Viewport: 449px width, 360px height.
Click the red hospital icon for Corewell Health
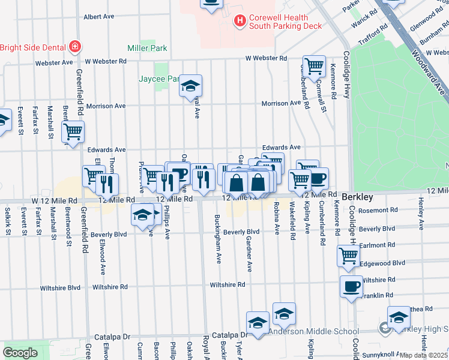[x=240, y=22]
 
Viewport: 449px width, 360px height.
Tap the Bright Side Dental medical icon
[x=74, y=46]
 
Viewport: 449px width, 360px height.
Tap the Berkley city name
[x=358, y=197]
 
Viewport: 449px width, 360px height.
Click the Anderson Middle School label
[x=313, y=331]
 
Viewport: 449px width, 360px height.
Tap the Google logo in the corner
[x=20, y=353]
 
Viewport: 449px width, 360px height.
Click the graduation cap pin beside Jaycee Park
[x=191, y=86]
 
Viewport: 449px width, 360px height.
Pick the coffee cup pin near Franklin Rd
[x=351, y=286]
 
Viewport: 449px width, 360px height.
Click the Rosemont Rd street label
[x=377, y=210]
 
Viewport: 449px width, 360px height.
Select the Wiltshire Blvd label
[x=60, y=288]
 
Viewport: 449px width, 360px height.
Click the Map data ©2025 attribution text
[x=424, y=355]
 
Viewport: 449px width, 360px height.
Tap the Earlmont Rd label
[x=377, y=245]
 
